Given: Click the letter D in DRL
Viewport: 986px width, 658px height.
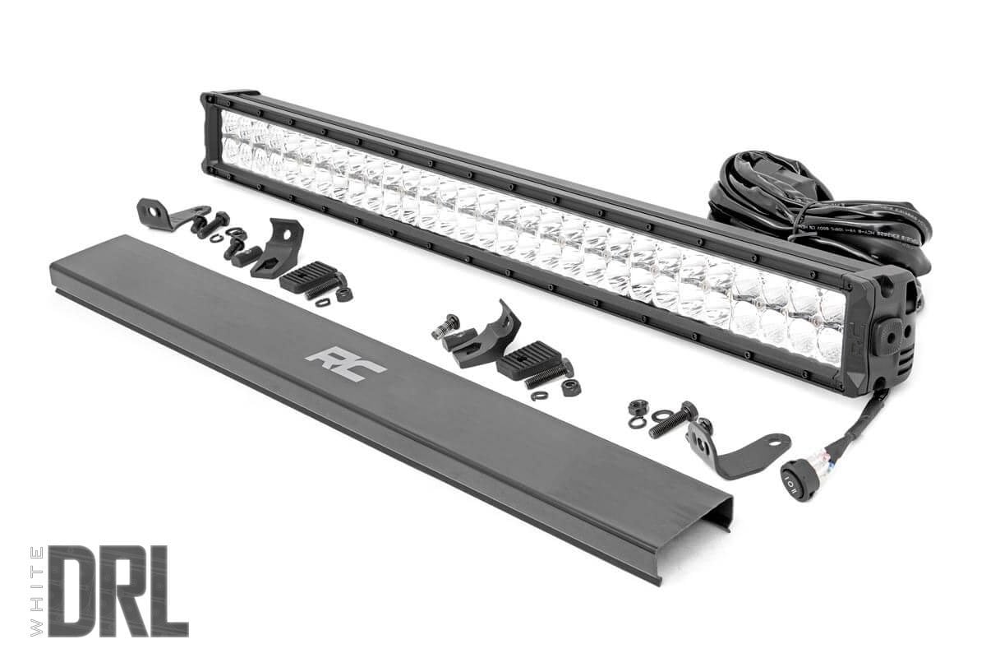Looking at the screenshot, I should point(76,590).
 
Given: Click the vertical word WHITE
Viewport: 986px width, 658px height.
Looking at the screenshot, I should point(35,590).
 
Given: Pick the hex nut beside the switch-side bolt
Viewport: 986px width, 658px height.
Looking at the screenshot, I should point(636,408).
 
